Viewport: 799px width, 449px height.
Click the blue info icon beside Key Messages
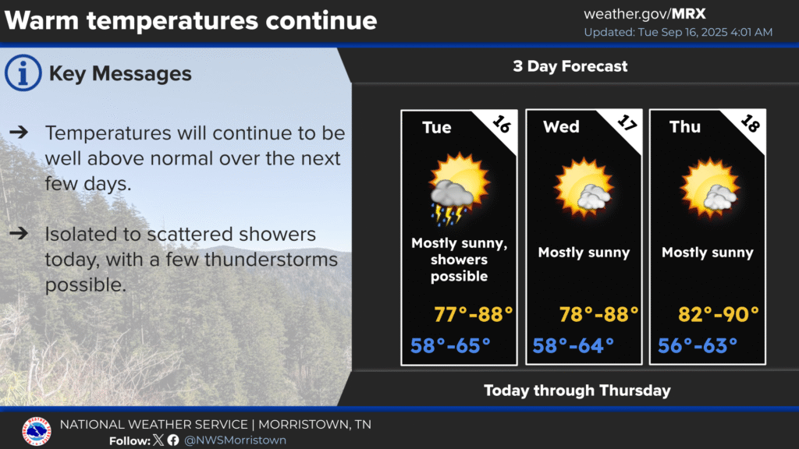point(23,72)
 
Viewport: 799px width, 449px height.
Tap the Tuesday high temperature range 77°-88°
point(473,314)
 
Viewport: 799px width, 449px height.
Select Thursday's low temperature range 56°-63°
point(698,345)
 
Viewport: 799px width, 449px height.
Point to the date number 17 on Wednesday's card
point(627,122)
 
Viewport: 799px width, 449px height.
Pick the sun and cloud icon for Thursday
point(709,187)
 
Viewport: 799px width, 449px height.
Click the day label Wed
point(561,126)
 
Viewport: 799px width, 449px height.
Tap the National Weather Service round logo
point(37,431)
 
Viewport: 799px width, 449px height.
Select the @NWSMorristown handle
point(235,440)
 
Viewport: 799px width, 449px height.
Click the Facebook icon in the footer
point(173,440)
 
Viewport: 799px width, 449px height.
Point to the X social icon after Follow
point(158,440)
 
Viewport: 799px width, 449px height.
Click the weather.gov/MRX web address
point(645,14)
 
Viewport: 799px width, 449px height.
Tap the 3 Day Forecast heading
point(570,66)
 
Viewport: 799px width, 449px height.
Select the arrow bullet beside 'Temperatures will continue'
point(19,133)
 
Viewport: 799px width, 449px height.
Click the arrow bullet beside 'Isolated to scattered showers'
point(19,234)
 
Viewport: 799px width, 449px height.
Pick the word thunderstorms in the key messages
point(271,260)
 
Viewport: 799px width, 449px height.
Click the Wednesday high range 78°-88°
point(598,314)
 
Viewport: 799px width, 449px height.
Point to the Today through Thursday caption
point(577,391)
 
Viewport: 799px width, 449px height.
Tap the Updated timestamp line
point(678,32)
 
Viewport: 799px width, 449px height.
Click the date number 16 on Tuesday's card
point(502,124)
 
